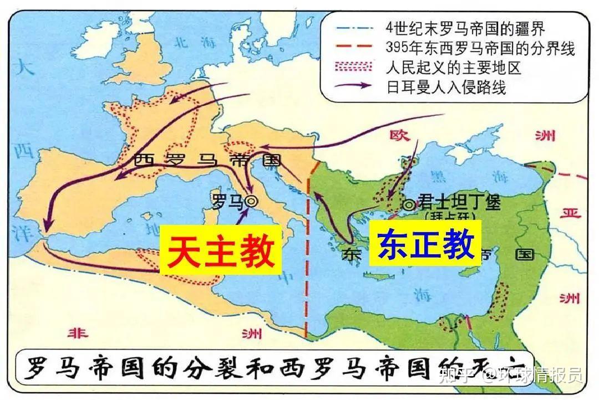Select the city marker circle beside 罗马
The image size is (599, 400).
tap(251, 202)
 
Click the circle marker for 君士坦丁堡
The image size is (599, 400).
tap(409, 204)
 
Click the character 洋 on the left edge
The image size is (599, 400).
tap(22, 230)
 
